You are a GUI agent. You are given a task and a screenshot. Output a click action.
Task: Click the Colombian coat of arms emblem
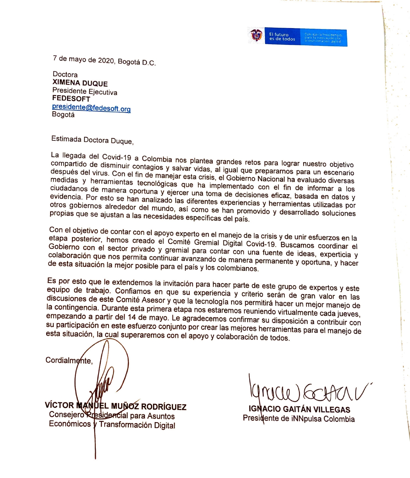[x=256, y=35]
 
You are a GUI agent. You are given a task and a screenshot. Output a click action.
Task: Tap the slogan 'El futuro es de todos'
[x=282, y=37]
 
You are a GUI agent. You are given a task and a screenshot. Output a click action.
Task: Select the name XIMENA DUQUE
[x=80, y=83]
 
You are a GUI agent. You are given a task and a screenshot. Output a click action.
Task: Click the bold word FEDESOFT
[x=71, y=99]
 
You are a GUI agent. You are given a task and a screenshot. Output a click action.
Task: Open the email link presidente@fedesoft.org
[x=91, y=108]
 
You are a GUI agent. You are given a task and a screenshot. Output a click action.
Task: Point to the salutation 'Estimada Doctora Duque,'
[x=92, y=140]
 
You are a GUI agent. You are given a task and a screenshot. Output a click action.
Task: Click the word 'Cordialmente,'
[x=69, y=360]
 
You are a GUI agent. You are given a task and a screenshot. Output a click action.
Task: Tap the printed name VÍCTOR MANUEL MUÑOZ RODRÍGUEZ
[x=116, y=406]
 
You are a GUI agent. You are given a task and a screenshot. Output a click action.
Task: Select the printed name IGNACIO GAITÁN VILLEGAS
[x=299, y=409]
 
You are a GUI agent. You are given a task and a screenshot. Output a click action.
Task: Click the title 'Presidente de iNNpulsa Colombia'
[x=299, y=419]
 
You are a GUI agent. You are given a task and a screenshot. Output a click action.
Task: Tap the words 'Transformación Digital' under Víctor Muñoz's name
[x=137, y=425]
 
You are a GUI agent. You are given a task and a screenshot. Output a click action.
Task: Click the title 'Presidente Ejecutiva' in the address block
[x=85, y=91]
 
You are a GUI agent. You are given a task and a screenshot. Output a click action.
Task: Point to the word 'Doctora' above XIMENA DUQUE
[x=65, y=74]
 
